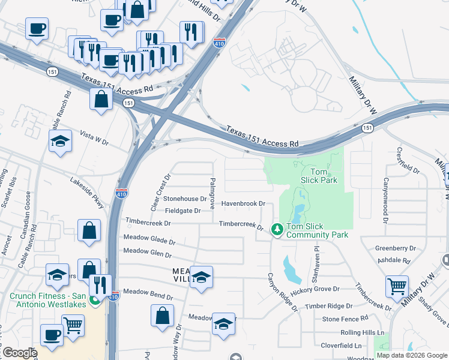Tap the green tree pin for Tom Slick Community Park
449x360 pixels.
[x=277, y=229]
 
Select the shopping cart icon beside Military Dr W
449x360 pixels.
[x=397, y=287]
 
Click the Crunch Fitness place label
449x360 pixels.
[x=45, y=295]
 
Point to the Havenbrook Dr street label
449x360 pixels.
[x=243, y=203]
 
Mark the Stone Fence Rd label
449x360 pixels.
[x=345, y=319]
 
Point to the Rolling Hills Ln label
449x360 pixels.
[x=361, y=332]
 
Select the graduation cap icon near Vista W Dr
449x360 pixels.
[x=60, y=142]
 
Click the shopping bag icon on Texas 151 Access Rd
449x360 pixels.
[x=101, y=99]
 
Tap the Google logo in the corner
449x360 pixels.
[x=20, y=353]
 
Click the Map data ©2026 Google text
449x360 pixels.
[x=412, y=355]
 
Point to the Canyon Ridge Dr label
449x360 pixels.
[x=282, y=293]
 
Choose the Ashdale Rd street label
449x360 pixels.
[x=394, y=261]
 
